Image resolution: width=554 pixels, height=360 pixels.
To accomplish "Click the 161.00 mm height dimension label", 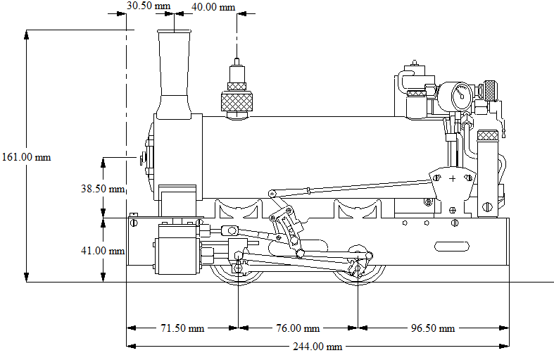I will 26,157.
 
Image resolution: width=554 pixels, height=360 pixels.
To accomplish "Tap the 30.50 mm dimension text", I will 149,6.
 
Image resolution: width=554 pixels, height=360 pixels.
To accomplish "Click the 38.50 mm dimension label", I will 102,188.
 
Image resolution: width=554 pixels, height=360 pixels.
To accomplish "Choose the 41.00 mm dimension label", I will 102,250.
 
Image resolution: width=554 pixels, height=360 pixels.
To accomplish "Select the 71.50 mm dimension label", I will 182,328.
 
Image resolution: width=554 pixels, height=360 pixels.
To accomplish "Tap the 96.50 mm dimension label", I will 433,328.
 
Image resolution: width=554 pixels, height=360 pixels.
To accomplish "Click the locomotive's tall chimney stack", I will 174,70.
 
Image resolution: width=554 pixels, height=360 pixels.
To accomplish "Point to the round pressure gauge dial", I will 462,94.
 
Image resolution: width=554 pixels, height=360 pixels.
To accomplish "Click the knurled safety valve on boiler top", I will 237,99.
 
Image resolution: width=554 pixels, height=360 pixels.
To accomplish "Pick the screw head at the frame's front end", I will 134,223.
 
